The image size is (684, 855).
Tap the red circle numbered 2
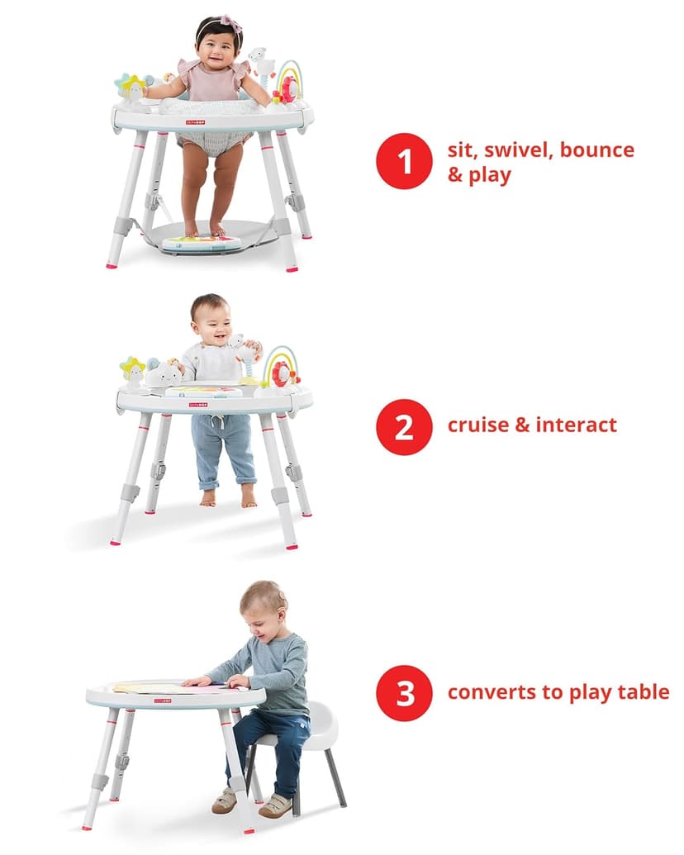click(405, 426)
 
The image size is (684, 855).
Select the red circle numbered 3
click(405, 692)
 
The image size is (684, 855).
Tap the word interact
click(576, 425)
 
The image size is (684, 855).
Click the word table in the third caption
click(644, 691)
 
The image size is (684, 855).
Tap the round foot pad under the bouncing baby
click(201, 242)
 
